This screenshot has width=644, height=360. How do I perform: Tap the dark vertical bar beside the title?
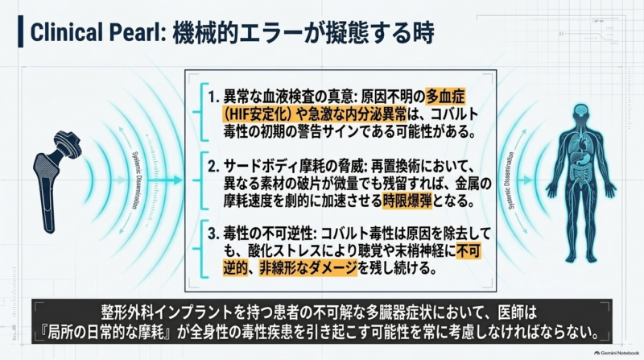[21, 31]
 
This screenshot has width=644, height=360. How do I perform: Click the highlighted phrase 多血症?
[446, 97]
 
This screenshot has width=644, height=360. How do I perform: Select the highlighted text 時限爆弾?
[407, 201]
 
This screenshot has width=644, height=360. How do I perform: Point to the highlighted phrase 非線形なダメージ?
[308, 268]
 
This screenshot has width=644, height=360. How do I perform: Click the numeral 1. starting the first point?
[213, 97]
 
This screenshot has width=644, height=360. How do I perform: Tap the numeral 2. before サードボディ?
[213, 167]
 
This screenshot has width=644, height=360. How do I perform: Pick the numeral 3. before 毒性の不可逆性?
[213, 234]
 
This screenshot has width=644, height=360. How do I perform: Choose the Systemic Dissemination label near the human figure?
[511, 180]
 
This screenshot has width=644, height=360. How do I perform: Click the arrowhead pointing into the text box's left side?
[178, 180]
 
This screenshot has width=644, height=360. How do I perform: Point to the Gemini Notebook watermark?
[617, 353]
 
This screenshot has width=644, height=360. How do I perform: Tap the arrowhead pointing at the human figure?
[528, 180]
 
